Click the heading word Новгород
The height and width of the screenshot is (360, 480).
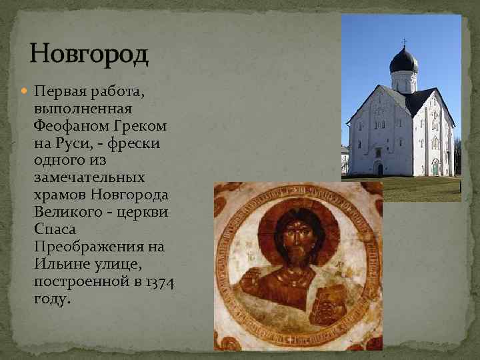(89, 53)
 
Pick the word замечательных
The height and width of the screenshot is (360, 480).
(89, 178)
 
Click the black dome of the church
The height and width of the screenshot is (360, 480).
(404, 61)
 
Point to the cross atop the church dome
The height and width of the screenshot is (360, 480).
(404, 43)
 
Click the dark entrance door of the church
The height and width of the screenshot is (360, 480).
(379, 169)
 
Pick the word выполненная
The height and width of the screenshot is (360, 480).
(83, 109)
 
